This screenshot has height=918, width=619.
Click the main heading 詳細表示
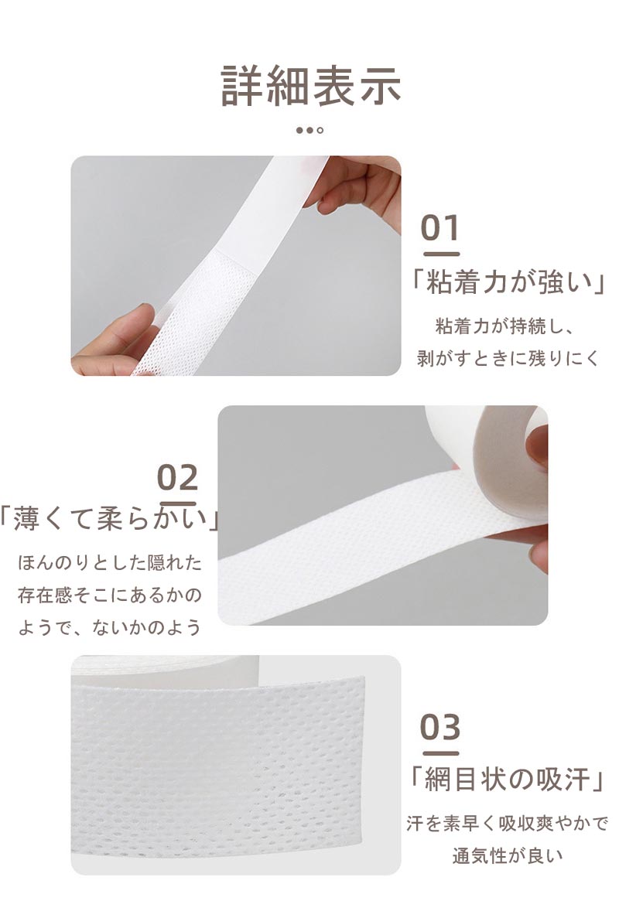point(310,86)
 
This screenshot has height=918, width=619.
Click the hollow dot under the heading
point(320,130)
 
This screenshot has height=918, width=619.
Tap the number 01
point(440,227)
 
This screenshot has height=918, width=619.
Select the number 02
point(177,478)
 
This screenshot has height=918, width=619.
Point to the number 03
point(440,727)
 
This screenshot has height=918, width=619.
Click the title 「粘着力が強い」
point(507,282)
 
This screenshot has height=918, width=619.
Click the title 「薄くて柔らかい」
point(110,517)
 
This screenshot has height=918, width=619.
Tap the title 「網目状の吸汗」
point(507,780)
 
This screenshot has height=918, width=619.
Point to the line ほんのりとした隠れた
point(110,562)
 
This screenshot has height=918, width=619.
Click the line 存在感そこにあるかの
point(110,596)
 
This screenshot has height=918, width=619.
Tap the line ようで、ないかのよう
point(110,628)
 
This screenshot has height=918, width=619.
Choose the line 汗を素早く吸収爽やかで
point(507,823)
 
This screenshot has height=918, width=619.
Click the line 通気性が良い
point(507,855)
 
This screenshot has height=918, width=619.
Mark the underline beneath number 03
point(441,753)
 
